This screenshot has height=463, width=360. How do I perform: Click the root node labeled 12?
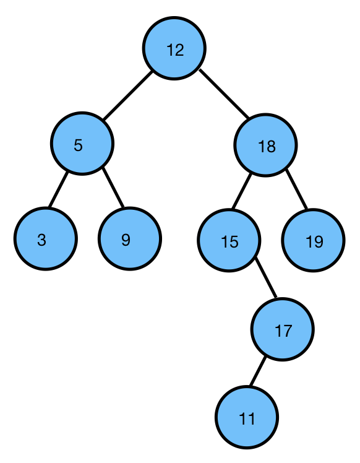click(174, 48)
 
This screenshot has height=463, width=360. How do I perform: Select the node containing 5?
click(82, 144)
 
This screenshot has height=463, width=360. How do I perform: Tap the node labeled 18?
click(265, 145)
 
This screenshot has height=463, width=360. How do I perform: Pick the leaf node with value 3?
click(46, 238)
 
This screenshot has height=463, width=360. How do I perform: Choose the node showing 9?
click(130, 238)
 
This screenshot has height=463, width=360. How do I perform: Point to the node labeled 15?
click(229, 240)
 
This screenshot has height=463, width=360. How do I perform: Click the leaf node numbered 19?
click(314, 240)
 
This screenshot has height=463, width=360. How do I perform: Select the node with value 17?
click(283, 329)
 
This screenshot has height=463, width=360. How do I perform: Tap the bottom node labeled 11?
click(247, 417)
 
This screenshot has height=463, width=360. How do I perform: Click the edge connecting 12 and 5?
click(128, 95)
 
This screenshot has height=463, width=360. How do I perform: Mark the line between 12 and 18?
click(224, 93)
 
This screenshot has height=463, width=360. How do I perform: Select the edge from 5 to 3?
click(58, 189)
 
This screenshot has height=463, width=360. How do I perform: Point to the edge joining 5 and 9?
click(113, 187)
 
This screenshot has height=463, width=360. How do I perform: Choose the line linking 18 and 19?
click(296, 189)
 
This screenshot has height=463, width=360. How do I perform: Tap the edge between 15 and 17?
click(266, 277)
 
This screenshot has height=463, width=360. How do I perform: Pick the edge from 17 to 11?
click(257, 371)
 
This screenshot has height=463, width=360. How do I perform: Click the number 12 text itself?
click(175, 50)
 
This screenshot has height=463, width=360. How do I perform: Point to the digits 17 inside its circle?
click(283, 331)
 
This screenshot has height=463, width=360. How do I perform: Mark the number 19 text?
click(315, 241)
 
